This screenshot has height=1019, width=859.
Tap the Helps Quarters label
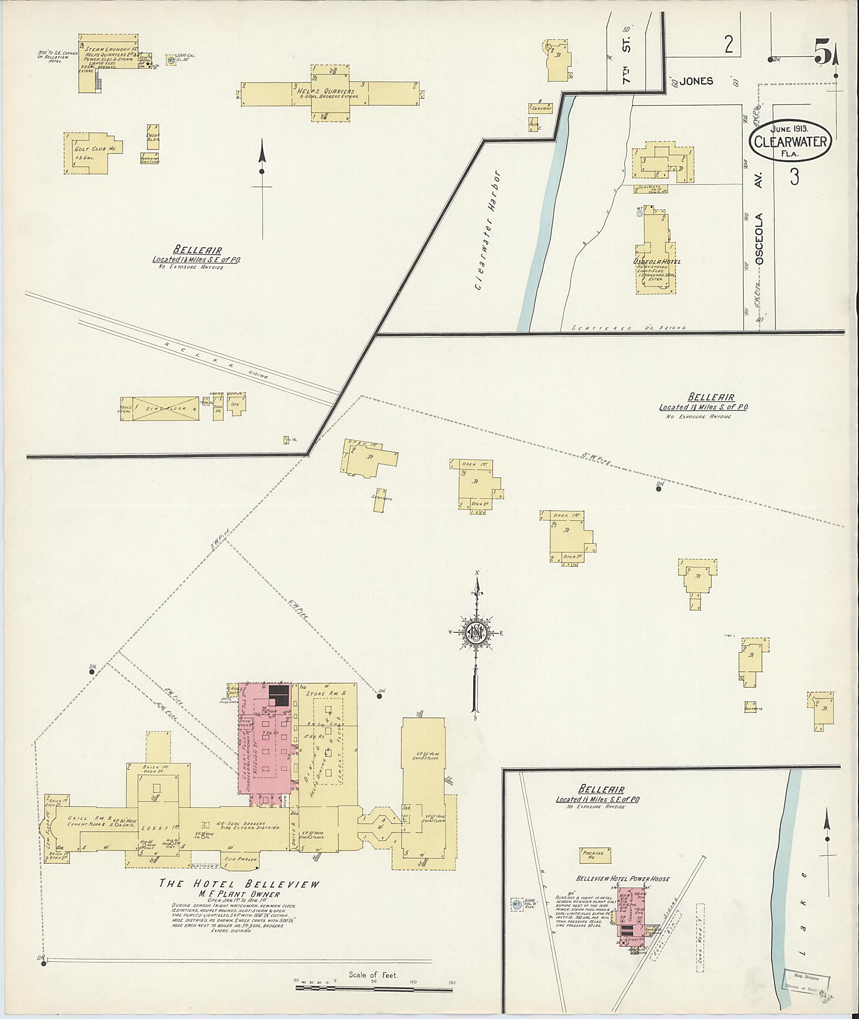click(x=330, y=91)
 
